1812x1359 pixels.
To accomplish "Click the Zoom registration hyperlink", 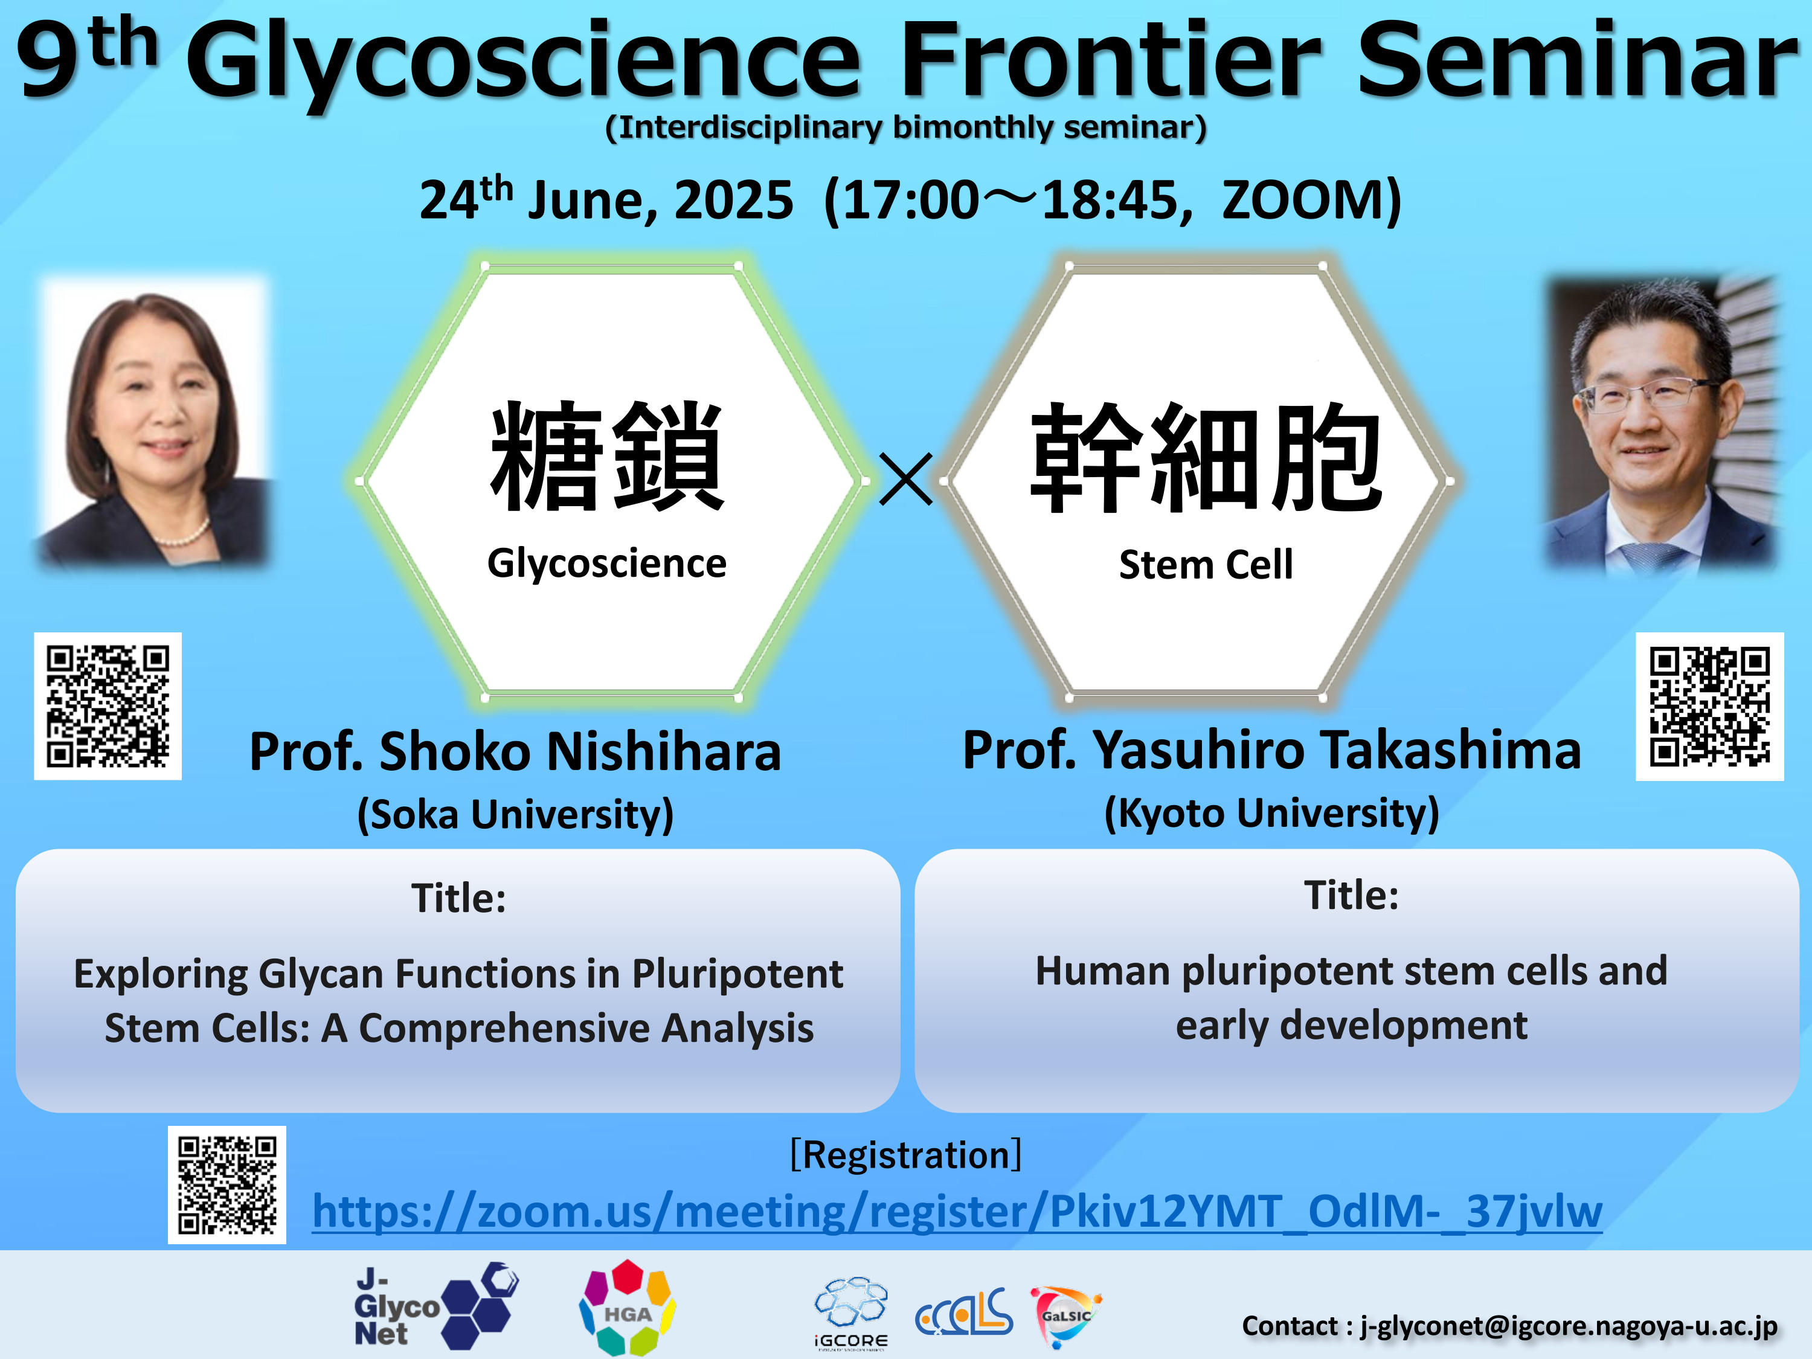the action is [957, 1211].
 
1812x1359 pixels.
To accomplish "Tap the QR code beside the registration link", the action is [227, 1184].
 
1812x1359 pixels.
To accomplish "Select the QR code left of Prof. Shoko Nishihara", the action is [108, 706].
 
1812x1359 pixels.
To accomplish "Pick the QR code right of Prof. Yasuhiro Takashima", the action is [1709, 706].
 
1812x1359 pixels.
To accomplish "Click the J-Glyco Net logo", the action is [436, 1306].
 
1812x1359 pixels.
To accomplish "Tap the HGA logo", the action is [628, 1308].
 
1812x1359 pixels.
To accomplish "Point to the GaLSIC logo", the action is [1065, 1316].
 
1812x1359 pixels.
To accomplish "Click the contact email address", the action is [1569, 1325].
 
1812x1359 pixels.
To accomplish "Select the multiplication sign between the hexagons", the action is [905, 479].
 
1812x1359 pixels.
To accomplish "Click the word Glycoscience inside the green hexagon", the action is [607, 564].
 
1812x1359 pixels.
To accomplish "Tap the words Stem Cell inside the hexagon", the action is [1206, 564].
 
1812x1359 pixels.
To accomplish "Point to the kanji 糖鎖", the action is [607, 455].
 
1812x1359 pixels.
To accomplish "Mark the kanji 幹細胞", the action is [1206, 457].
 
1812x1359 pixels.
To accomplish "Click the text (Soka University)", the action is [515, 814].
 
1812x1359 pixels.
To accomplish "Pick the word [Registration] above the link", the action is [905, 1155].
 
